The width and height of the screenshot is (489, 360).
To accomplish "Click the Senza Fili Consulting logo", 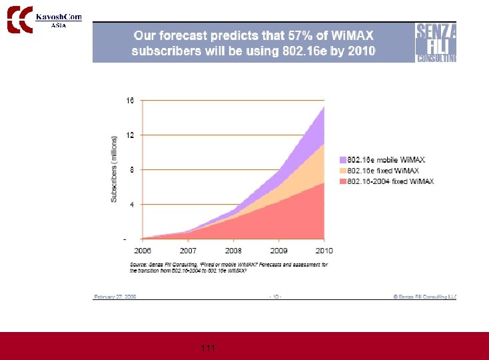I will [x=436, y=42].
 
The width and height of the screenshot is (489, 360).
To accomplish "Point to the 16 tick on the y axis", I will [x=130, y=101].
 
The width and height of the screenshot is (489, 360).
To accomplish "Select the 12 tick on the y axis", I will [x=130, y=135].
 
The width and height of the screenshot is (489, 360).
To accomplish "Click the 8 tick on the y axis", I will [x=131, y=169].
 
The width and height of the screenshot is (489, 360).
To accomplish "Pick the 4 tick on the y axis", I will [x=131, y=204].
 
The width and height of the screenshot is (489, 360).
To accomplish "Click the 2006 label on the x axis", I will [x=143, y=250].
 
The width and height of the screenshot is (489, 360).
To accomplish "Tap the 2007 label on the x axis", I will [x=188, y=250].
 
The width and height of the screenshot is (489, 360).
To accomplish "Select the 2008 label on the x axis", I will [x=233, y=250].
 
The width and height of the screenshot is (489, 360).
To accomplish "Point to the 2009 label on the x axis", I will [x=278, y=250].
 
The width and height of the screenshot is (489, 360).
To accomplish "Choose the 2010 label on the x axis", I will [x=324, y=250].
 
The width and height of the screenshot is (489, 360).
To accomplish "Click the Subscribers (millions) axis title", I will [x=114, y=169].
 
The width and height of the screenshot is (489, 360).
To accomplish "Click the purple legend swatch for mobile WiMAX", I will [x=342, y=160].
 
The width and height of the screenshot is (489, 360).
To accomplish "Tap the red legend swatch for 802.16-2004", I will [x=342, y=181].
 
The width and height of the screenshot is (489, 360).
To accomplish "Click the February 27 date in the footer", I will [x=115, y=295].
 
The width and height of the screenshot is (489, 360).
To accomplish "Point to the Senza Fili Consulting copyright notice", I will [x=424, y=295].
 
